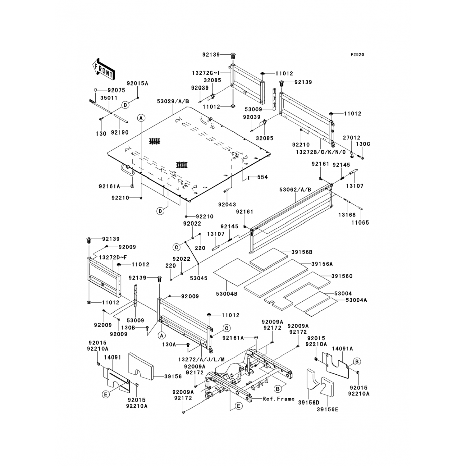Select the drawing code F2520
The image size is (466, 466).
coord(357,55)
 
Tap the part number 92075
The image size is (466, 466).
coord(116,90)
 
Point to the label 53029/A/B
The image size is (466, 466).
coord(173,102)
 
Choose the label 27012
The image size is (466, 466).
coord(352,138)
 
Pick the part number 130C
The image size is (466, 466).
coord(363,144)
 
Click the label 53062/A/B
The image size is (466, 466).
coord(295,190)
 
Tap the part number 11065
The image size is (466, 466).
coord(360,222)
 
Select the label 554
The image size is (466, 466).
coord(263,177)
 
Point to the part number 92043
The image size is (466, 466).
coord(227,204)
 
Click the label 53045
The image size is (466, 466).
coord(199,278)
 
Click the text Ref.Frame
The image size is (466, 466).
coord(278,399)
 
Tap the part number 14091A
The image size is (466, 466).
coord(342,349)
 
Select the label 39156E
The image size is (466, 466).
coord(327,409)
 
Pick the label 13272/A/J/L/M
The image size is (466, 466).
coord(201,359)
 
